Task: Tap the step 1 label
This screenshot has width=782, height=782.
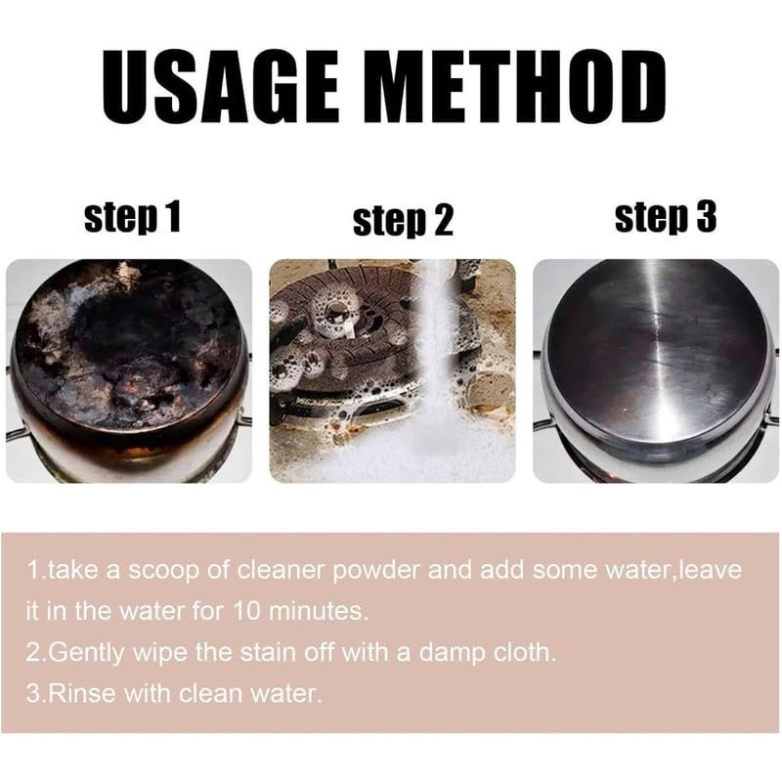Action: pos(132,217)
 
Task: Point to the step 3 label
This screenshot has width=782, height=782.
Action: pos(666,217)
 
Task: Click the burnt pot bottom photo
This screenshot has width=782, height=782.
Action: pos(129,370)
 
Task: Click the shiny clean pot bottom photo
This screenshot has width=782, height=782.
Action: pos(656,370)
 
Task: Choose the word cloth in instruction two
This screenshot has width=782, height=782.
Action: pos(524,652)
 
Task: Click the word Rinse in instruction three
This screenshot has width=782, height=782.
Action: pos(83,694)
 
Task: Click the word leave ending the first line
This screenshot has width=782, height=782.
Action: pos(711,570)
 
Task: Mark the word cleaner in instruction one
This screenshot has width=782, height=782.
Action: pos(281,570)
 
